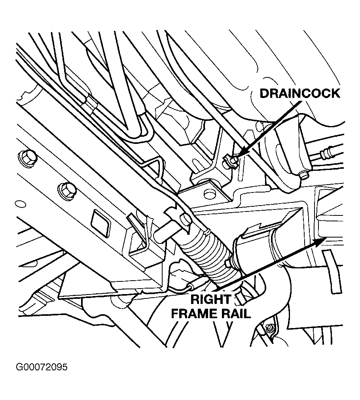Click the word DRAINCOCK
(299, 93)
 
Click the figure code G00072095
(42, 367)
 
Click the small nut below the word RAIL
(269, 327)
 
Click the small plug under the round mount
(304, 174)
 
